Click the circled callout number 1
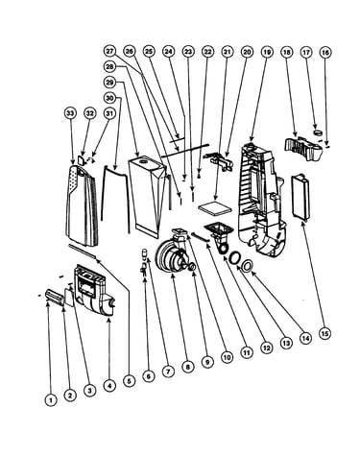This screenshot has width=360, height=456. (50, 399)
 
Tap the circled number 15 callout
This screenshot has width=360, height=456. (324, 334)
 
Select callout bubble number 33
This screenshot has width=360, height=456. (70, 113)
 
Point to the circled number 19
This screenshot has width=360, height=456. (267, 52)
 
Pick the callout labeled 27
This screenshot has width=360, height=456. (109, 51)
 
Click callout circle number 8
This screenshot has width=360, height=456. (187, 367)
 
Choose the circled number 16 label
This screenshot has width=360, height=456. (325, 52)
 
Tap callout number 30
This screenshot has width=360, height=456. (109, 98)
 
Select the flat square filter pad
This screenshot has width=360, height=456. (215, 208)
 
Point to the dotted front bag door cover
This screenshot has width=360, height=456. (82, 204)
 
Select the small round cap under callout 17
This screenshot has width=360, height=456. (318, 132)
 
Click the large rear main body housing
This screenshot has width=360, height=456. (261, 200)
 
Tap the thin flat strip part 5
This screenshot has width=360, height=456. (83, 251)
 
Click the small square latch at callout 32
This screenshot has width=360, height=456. (82, 159)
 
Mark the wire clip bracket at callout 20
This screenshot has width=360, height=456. (219, 160)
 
